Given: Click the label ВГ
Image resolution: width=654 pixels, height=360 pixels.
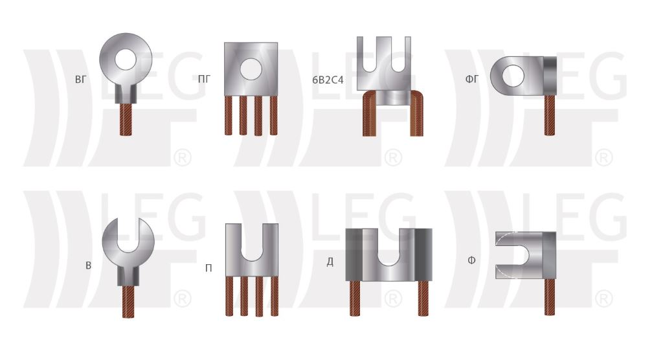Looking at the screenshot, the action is coord(80,79).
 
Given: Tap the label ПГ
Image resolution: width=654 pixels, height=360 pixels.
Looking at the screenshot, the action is coord(205,78).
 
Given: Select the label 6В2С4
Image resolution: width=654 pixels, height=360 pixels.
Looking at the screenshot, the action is coord(328,80).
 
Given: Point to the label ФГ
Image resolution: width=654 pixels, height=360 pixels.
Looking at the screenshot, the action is coord(472,78).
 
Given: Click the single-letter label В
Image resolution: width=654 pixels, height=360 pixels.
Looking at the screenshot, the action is coord(88,265).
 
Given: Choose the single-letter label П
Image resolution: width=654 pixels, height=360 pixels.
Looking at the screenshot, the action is coord(209,268).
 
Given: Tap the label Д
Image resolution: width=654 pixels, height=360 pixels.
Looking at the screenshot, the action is coord(330,262).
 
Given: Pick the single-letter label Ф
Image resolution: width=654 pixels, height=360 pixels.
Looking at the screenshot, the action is coord(471,261).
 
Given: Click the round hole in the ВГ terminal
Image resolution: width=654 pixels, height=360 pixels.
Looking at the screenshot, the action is coord(126,60).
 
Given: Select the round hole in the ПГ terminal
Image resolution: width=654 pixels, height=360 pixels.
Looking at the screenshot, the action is coord(251,69).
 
